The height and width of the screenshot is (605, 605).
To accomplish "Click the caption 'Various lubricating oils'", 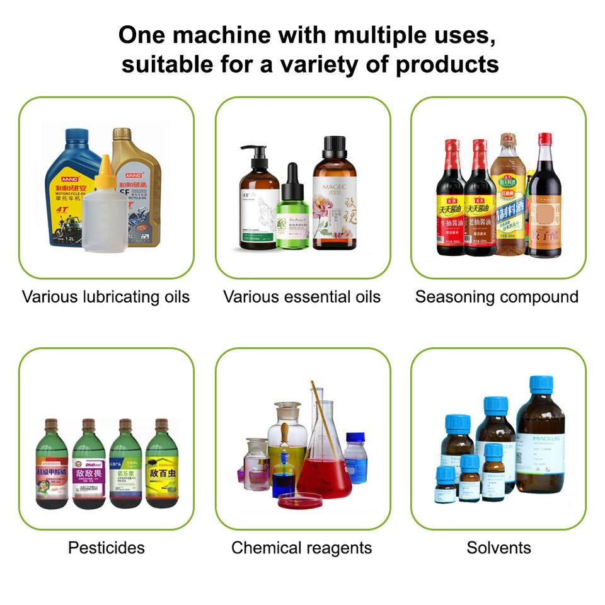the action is [x=106, y=297].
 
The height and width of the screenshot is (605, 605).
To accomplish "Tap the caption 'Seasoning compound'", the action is [x=497, y=297].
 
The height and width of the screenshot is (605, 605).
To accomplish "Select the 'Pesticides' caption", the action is [x=106, y=548].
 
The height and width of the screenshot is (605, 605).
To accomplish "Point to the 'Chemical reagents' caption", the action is [x=301, y=548].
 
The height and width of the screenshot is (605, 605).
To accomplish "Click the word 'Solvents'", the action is [x=498, y=548].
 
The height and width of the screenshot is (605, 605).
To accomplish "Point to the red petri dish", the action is [x=300, y=502].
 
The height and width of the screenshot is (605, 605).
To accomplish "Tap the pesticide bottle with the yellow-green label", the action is [x=161, y=466].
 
